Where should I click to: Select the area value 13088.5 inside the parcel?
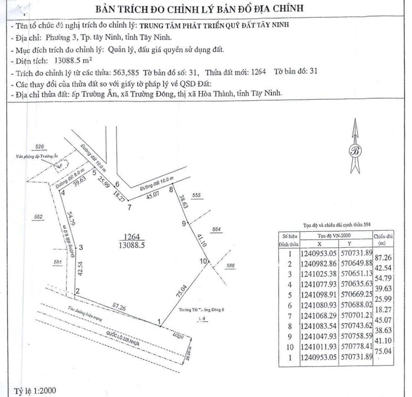tap(132, 245)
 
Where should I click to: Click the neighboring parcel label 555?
tap(196, 195)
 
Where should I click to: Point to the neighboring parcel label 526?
tap(38, 146)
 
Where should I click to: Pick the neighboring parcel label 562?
tap(38, 217)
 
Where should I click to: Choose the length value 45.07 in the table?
tap(385, 323)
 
